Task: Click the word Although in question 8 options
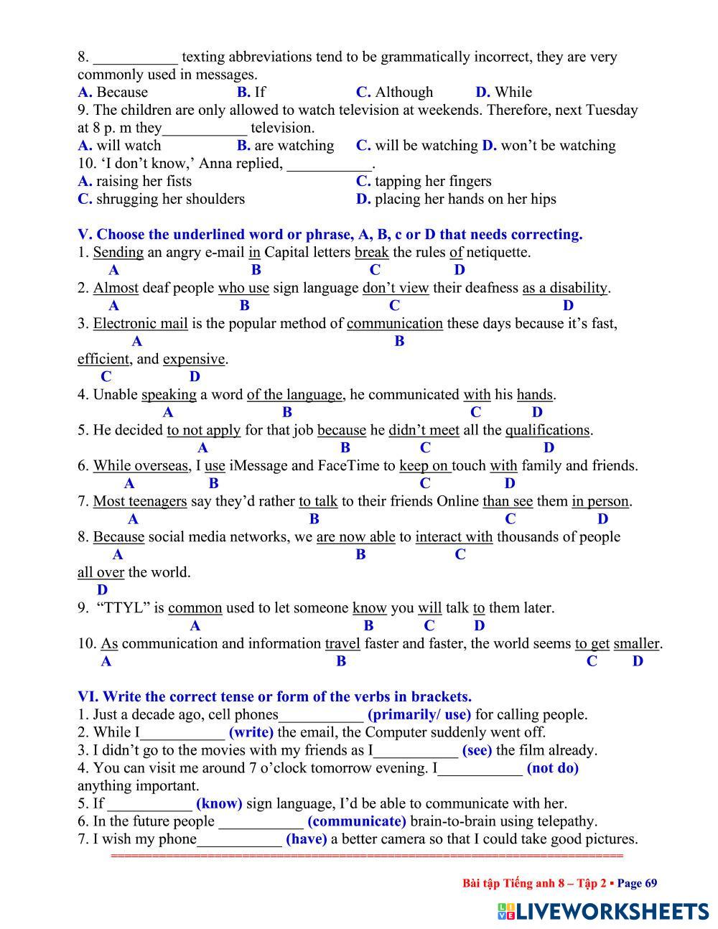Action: click(404, 92)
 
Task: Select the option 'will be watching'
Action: click(426, 145)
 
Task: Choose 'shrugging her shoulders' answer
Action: click(170, 199)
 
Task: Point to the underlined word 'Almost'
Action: click(116, 288)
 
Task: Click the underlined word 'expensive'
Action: click(194, 359)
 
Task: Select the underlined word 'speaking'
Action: click(169, 394)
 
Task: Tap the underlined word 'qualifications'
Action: click(548, 430)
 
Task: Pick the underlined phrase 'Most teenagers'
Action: click(140, 501)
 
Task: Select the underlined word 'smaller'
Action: click(637, 643)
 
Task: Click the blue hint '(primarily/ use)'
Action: click(419, 714)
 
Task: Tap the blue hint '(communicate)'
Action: click(357, 821)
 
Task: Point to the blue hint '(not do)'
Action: click(553, 768)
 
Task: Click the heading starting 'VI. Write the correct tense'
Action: click(274, 696)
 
